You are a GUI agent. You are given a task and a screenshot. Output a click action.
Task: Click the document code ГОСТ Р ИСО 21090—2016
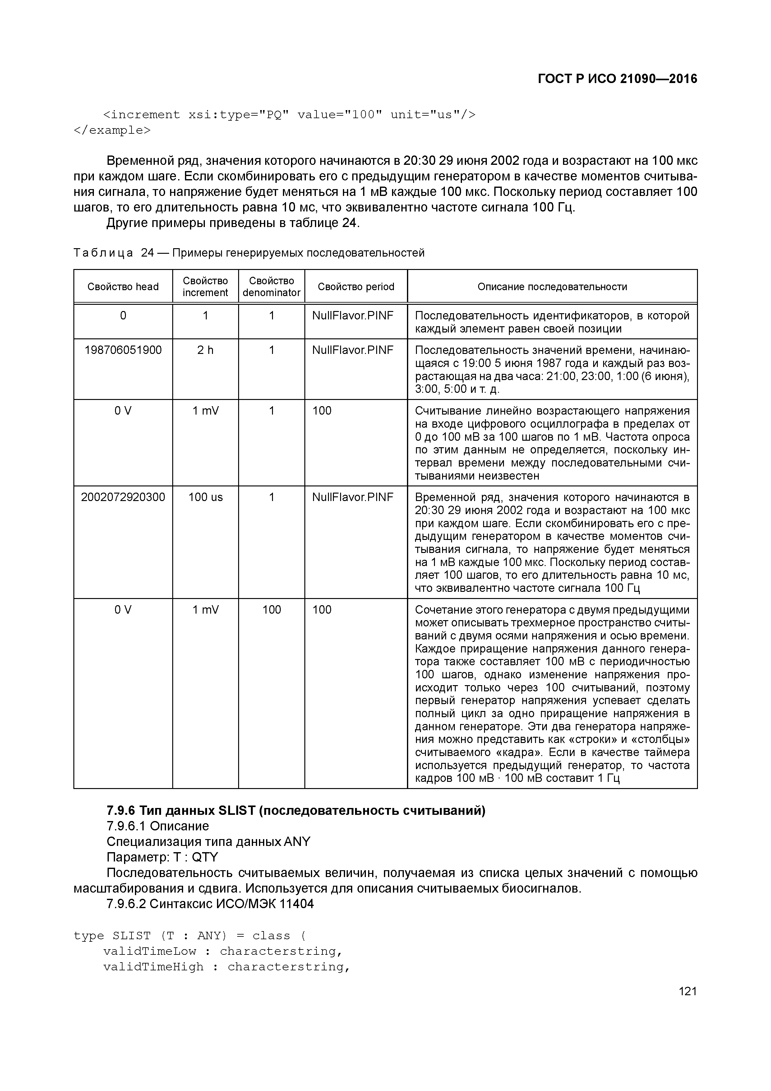pyautogui.click(x=617, y=79)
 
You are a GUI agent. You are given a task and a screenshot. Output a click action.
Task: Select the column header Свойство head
pyautogui.click(x=123, y=286)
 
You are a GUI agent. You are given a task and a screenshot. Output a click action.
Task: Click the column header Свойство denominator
pyautogui.click(x=271, y=286)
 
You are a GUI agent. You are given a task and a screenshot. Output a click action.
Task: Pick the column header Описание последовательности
pyautogui.click(x=552, y=286)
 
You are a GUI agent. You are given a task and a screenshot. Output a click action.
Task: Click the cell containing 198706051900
pyautogui.click(x=123, y=350)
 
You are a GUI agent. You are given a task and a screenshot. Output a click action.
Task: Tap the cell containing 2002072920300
pyautogui.click(x=123, y=497)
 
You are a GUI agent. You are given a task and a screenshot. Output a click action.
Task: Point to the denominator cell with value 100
pyautogui.click(x=271, y=610)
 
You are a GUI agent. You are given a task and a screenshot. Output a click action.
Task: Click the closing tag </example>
pyautogui.click(x=112, y=130)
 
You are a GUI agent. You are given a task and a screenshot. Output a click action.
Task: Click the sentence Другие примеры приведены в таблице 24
pyautogui.click(x=233, y=223)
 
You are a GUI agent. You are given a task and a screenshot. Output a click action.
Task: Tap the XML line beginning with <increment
pyautogui.click(x=289, y=115)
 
